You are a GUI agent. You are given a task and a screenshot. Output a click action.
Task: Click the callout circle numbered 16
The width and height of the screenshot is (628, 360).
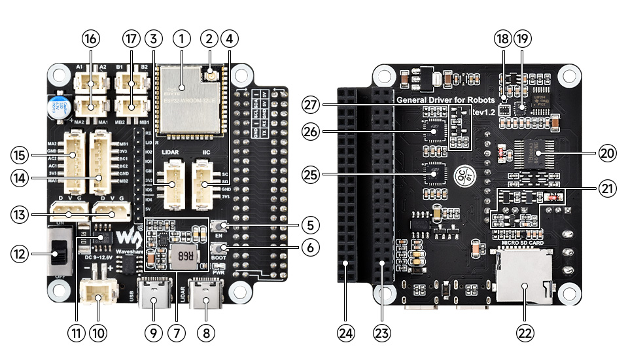(91, 39)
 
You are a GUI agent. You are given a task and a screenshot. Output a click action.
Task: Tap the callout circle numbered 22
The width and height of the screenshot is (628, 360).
(525, 333)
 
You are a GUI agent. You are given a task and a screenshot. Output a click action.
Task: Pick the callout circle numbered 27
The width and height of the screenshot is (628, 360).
(310, 104)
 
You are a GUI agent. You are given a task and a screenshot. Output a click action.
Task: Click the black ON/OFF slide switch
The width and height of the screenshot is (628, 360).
(59, 251)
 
